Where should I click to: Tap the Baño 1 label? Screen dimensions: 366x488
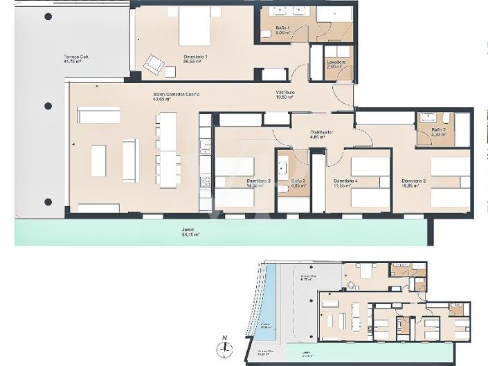click(283, 29)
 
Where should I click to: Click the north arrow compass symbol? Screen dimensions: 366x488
click(224, 349)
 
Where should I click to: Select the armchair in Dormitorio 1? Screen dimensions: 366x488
click(154, 66)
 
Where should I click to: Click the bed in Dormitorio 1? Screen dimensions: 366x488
click(195, 27)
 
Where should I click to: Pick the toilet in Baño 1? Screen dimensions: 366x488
click(266, 34)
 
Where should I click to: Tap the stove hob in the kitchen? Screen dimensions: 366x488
click(205, 182)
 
